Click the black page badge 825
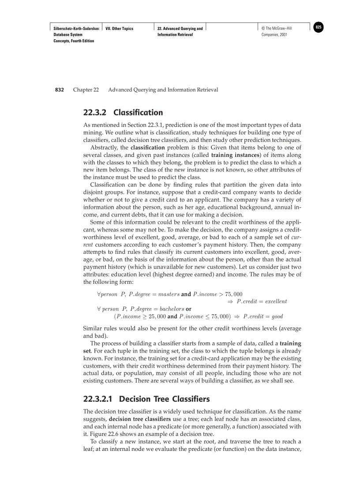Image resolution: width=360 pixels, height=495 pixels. [319, 28]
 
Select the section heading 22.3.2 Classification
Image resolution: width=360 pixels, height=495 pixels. [123, 112]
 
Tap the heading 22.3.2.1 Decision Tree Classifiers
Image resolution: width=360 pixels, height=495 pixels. [146, 399]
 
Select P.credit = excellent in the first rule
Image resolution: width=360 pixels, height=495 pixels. [262, 301]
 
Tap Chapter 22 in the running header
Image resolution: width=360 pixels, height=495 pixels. [86, 90]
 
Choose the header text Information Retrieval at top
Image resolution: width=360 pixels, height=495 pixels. [175, 34]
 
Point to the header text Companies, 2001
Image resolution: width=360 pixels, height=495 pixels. [274, 34]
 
